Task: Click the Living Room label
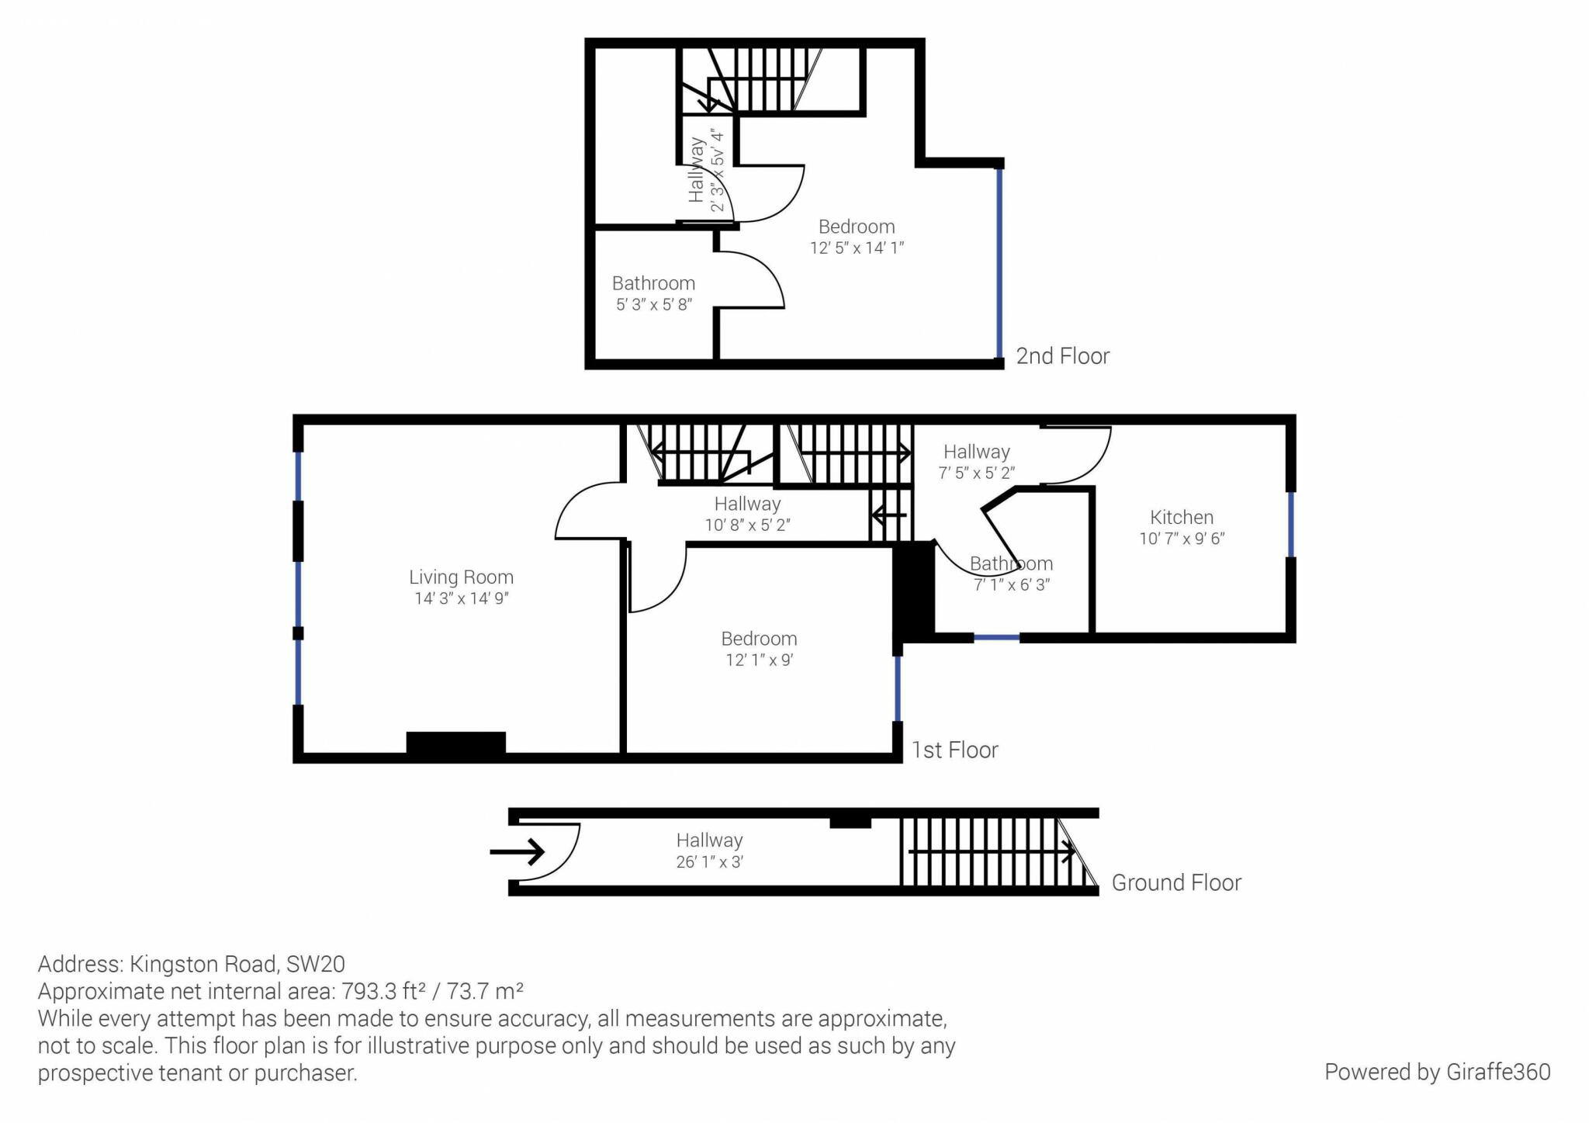461,577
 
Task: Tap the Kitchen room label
1182,518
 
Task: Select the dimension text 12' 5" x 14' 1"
857,248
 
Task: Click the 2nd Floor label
1063,356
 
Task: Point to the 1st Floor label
954,750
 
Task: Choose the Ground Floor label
1176,883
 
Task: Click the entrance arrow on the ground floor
517,852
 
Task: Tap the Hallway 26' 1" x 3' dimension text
710,862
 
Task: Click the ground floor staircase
999,852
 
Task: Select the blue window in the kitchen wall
1291,525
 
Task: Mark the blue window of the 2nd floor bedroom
999,263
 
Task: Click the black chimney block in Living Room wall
456,743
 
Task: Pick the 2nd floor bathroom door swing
749,279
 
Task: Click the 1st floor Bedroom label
759,639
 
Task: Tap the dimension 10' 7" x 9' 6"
1182,539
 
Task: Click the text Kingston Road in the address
203,964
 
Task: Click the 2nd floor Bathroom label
653,283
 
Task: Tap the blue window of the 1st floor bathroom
996,637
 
